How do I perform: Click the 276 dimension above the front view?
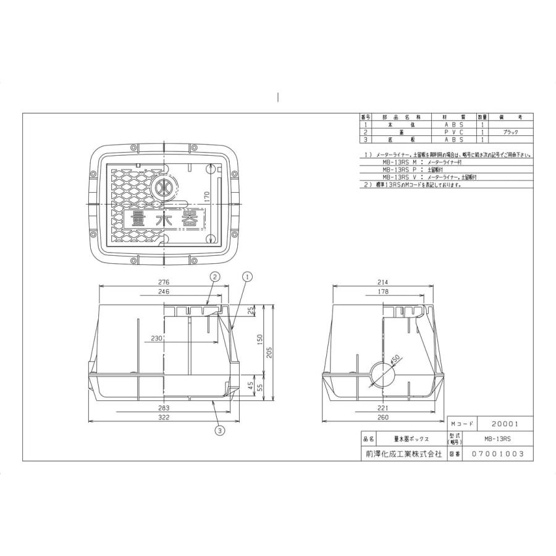click(x=163, y=282)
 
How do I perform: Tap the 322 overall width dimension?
click(x=163, y=418)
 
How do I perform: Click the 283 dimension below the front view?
click(x=163, y=408)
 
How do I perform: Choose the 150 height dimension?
click(x=260, y=339)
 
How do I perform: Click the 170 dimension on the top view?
click(x=208, y=196)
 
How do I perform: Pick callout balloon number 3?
click(x=219, y=431)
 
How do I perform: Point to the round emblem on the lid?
click(x=164, y=186)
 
